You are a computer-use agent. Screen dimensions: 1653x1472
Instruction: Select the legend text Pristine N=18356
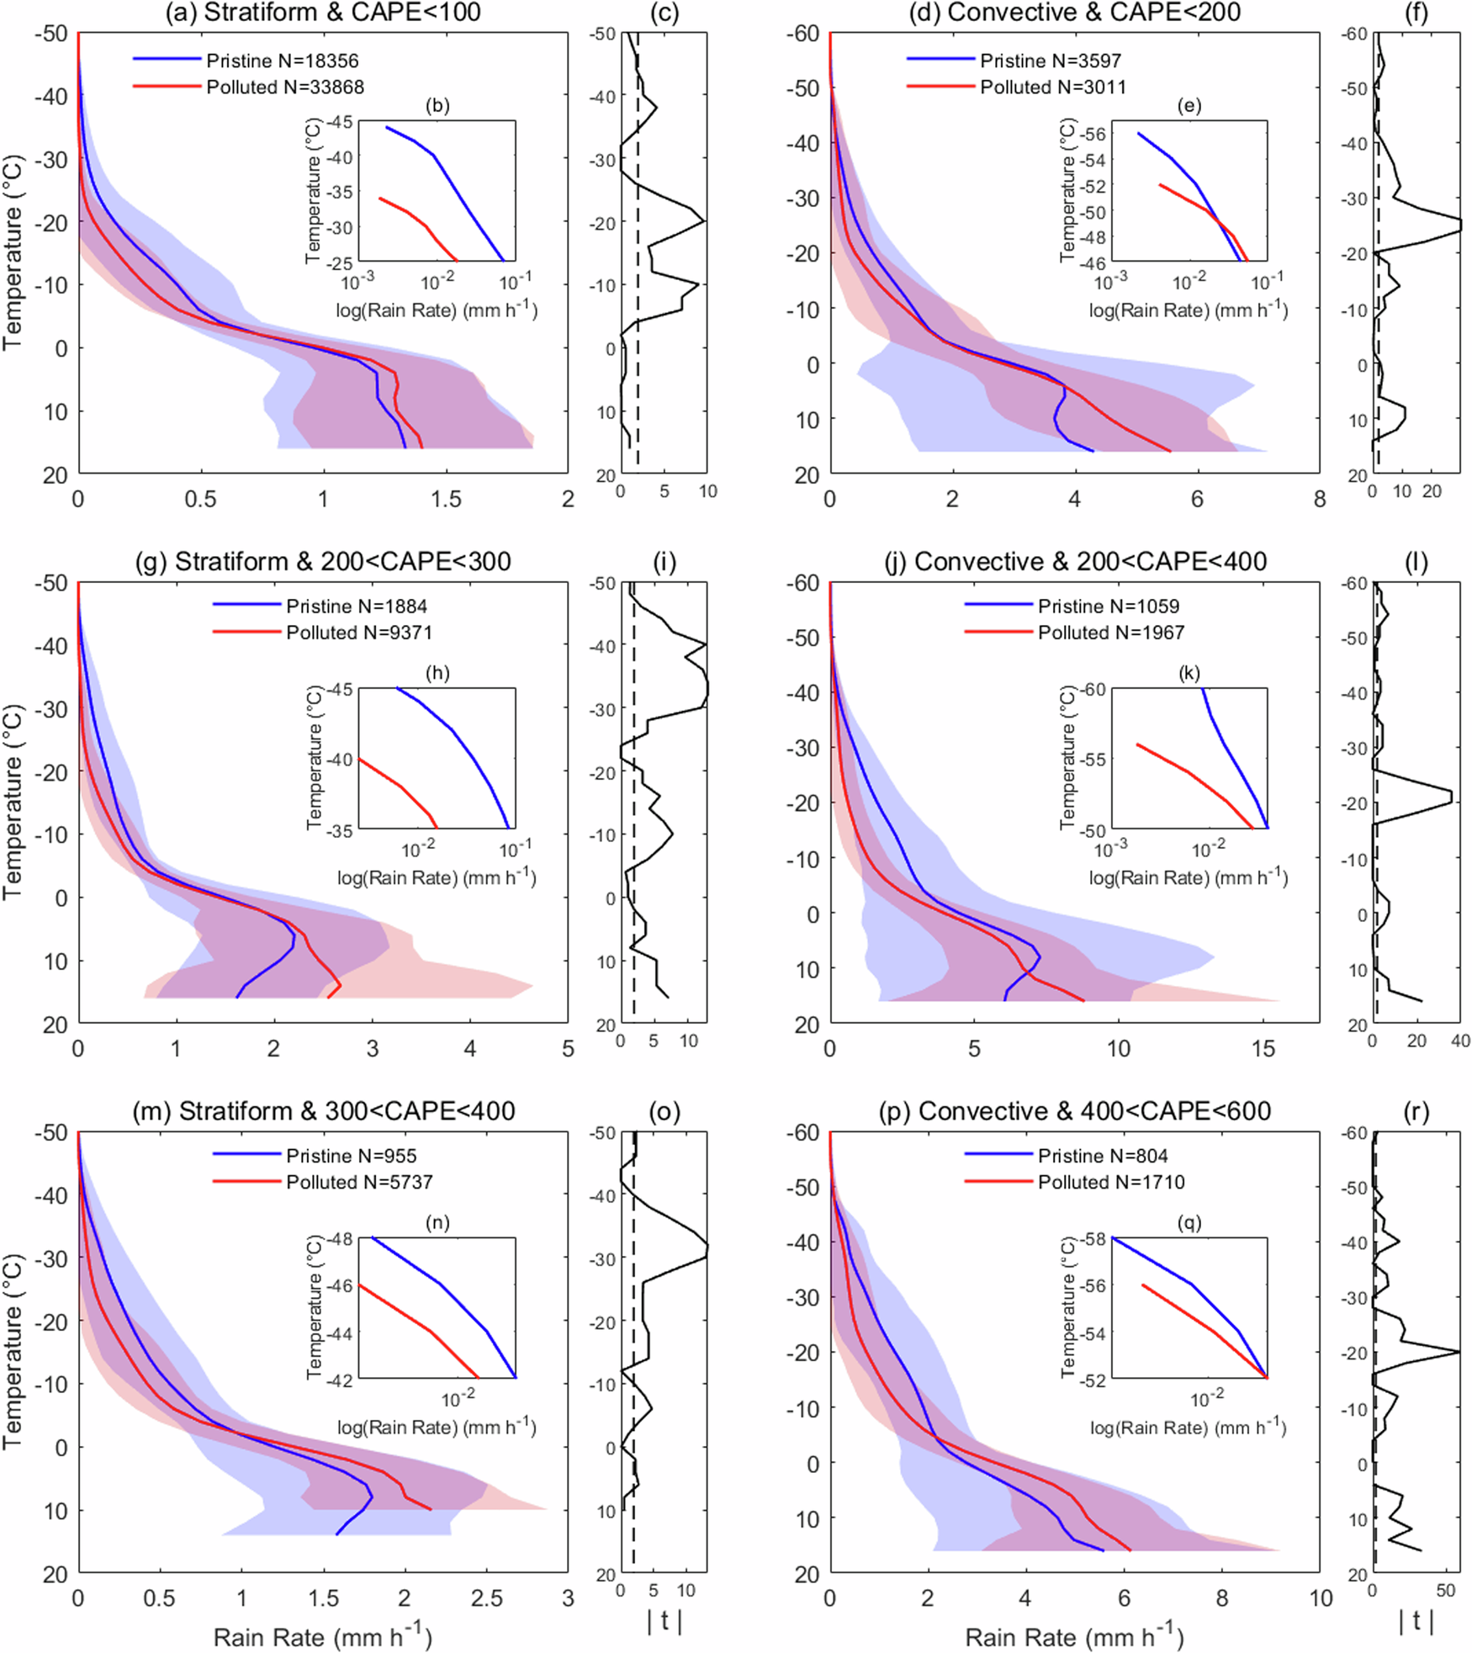click(282, 61)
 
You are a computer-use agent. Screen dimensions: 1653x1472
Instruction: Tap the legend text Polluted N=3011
click(1052, 87)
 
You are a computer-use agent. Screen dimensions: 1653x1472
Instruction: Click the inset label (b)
click(437, 106)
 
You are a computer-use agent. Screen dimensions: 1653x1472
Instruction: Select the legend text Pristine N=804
click(1102, 1156)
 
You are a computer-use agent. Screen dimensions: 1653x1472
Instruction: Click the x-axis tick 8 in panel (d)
click(1319, 500)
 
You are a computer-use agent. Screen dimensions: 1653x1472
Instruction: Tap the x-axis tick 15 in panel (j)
click(1263, 1049)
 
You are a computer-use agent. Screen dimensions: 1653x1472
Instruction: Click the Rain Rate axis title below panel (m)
click(322, 1637)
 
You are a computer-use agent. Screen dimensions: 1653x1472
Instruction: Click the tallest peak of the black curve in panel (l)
click(1451, 796)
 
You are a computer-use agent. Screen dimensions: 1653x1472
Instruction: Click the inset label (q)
click(1189, 1223)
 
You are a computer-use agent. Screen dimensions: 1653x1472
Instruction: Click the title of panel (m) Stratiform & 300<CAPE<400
click(323, 1111)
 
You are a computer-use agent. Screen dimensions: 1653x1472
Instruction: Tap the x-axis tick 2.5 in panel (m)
click(486, 1598)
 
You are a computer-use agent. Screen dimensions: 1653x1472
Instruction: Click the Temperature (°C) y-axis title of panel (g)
click(12, 802)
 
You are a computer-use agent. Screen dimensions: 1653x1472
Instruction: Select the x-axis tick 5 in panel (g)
click(568, 1049)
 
